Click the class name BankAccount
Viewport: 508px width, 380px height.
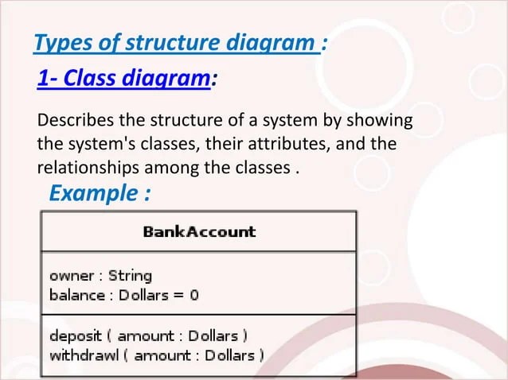coord(199,232)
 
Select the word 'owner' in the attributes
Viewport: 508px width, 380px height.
coord(72,277)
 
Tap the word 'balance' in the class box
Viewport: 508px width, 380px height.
coord(76,295)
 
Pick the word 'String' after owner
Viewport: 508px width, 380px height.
coord(130,277)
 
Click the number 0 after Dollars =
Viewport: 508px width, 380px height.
coord(193,295)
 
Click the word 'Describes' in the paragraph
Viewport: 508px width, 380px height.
coord(74,122)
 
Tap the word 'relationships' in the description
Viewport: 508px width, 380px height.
coord(86,169)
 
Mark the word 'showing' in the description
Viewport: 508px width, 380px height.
coord(384,122)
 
